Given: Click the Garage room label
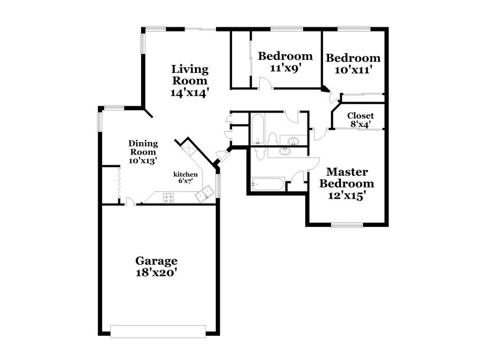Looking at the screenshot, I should [157, 260].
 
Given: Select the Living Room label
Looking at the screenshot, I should [190, 74].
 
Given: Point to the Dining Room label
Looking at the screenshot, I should [142, 147].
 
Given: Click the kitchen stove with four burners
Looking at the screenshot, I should [169, 197].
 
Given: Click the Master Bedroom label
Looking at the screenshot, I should [350, 178].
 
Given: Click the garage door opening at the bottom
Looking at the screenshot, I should [158, 331].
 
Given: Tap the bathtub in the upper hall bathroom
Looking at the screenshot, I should [258, 129].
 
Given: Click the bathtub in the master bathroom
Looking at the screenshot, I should [267, 184].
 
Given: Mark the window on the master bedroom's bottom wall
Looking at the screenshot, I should [350, 224].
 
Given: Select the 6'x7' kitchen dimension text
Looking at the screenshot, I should [185, 181].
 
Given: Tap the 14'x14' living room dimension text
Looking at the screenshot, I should [190, 92].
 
